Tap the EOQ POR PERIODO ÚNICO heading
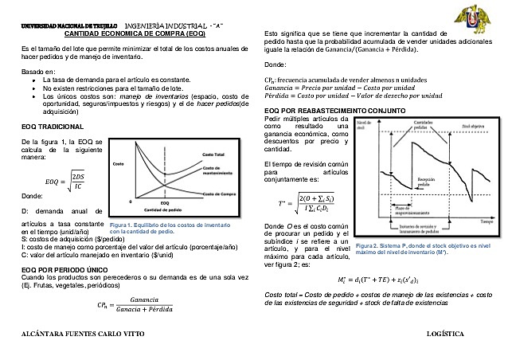coord(58,270)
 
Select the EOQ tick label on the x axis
coord(164,203)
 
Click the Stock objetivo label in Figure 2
coord(472,125)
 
